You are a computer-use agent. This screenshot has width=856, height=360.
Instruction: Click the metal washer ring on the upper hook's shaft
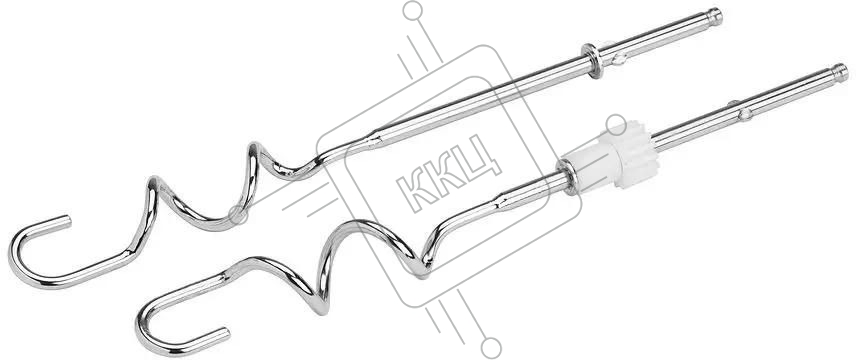[592, 59]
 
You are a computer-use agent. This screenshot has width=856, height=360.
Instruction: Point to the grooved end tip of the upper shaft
[714, 16]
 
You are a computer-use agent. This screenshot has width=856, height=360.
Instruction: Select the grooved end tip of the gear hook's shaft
[840, 73]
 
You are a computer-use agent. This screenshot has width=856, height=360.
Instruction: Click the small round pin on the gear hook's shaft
[744, 114]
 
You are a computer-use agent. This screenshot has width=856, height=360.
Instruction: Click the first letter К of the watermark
[414, 189]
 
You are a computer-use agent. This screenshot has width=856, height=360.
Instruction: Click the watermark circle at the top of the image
[412, 10]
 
